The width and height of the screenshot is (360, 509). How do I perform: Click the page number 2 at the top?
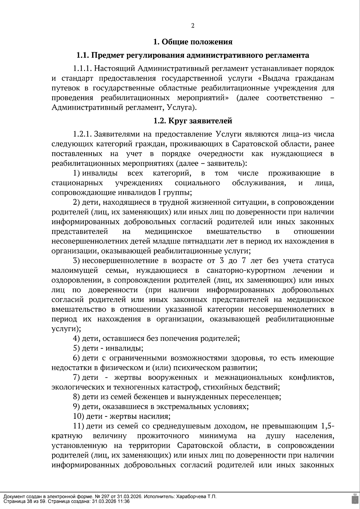click(193, 26)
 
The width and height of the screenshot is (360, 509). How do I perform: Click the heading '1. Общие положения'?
click(193, 42)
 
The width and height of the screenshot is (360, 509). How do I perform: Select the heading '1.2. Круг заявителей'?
click(193, 121)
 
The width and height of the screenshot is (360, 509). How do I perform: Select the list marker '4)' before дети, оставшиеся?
click(76, 338)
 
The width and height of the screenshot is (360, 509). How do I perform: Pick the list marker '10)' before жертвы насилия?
click(78, 416)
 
